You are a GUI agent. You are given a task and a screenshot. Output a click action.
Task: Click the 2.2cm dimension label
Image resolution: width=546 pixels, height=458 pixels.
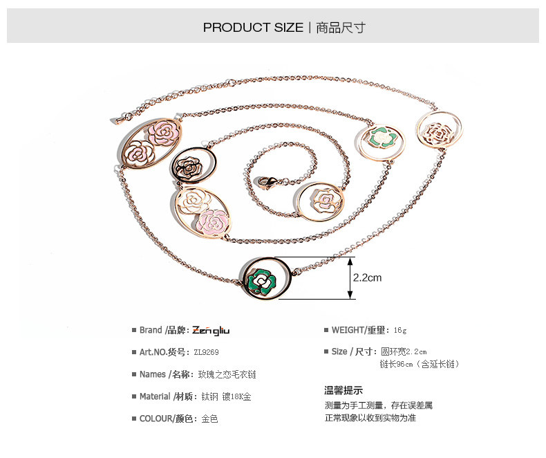[x=367, y=278]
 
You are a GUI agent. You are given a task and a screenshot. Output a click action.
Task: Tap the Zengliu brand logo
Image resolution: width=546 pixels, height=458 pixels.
[x=211, y=330]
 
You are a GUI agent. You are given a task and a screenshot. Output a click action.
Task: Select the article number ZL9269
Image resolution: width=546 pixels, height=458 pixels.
[x=205, y=352]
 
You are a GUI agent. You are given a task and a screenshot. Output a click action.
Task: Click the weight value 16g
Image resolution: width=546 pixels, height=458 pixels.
[x=400, y=330]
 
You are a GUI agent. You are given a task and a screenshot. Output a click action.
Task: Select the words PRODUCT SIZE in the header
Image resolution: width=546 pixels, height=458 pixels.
[x=253, y=28]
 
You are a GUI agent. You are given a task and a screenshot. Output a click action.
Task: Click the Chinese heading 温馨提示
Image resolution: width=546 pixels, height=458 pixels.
[x=343, y=390]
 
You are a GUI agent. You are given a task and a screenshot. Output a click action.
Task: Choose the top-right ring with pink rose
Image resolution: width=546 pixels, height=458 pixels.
[x=440, y=131]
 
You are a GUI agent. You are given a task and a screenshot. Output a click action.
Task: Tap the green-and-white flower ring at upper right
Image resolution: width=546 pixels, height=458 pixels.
[x=379, y=138]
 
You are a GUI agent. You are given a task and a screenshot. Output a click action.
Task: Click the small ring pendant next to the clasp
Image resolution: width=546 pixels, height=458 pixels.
[x=318, y=200]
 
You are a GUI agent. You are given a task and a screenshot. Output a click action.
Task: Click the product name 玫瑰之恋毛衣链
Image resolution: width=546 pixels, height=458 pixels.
[x=227, y=374]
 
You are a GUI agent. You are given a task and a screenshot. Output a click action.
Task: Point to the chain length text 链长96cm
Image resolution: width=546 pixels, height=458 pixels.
[x=419, y=364]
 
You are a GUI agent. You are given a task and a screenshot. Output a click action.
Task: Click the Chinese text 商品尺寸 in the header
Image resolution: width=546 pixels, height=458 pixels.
[x=341, y=28]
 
